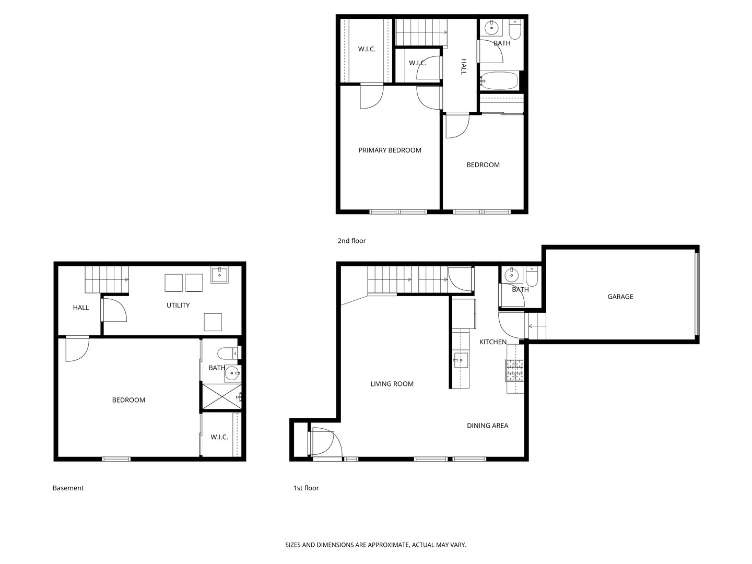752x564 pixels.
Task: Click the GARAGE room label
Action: [x=620, y=297]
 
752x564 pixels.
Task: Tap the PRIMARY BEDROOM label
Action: [x=390, y=150]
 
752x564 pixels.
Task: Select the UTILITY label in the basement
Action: [x=178, y=305]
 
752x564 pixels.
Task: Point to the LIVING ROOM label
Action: [x=392, y=384]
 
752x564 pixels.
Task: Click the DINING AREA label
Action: [x=487, y=425]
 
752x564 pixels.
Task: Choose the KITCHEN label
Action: [x=492, y=342]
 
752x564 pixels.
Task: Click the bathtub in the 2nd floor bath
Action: [x=499, y=80]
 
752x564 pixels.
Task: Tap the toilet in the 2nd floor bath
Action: [x=514, y=29]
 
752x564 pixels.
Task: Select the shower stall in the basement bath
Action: [x=221, y=396]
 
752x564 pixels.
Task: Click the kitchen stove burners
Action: [x=514, y=370]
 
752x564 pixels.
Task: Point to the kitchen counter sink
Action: [x=461, y=360]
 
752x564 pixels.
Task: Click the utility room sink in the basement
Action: [x=219, y=275]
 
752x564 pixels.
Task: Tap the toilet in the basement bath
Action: [x=228, y=352]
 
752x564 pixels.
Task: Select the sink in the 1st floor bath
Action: [x=512, y=275]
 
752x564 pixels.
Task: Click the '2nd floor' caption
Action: [x=351, y=241]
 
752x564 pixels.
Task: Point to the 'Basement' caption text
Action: [x=68, y=488]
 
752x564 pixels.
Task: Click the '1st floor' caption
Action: [x=306, y=488]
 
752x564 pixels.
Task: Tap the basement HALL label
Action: [x=81, y=308]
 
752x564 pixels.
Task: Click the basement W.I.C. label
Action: [x=219, y=437]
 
